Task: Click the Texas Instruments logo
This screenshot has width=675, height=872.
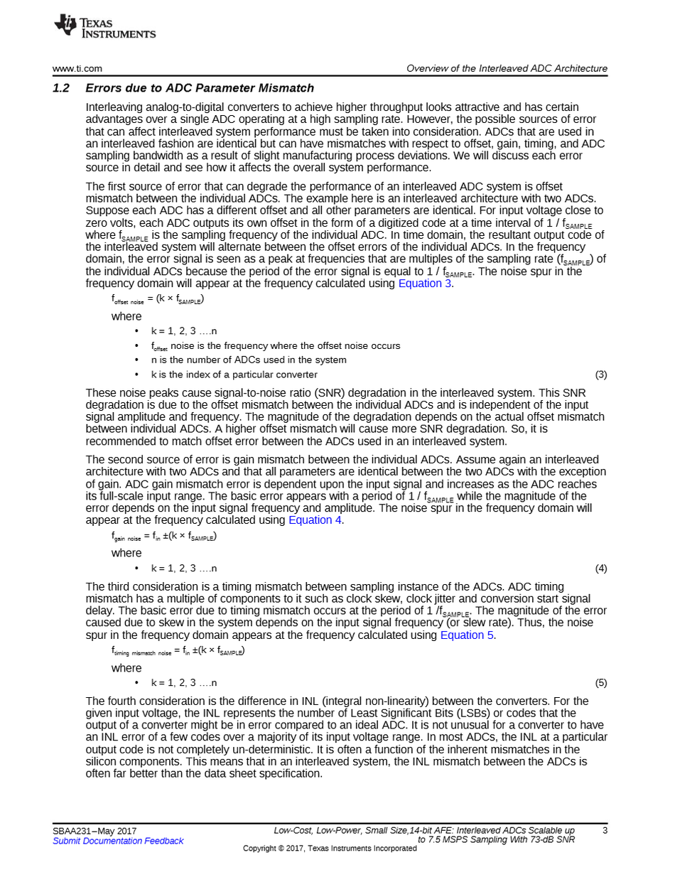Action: tap(104, 27)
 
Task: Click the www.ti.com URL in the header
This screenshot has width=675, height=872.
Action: tap(77, 69)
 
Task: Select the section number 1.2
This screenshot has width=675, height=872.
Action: tap(61, 89)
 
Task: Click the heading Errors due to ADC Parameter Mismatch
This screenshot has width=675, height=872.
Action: tap(199, 89)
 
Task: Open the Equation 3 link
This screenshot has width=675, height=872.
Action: tap(424, 284)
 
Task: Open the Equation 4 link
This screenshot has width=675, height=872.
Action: tap(315, 520)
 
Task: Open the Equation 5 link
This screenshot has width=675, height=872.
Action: tap(467, 635)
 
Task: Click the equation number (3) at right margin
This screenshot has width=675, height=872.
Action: tap(600, 375)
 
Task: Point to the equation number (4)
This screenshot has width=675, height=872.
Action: tap(600, 569)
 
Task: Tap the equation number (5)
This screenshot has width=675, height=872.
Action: tap(600, 684)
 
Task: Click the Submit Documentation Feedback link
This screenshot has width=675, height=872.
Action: tap(118, 841)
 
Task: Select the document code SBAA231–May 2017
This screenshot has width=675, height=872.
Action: tap(94, 831)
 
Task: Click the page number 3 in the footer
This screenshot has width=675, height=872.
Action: tap(605, 831)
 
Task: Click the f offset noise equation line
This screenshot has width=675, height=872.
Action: tap(158, 301)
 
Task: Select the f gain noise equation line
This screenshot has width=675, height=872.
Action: tap(164, 537)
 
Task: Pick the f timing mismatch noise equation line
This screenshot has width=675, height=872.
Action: tap(178, 652)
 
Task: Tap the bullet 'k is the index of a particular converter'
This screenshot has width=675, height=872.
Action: tap(234, 375)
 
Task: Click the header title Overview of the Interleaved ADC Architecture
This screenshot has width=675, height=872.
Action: tap(507, 69)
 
